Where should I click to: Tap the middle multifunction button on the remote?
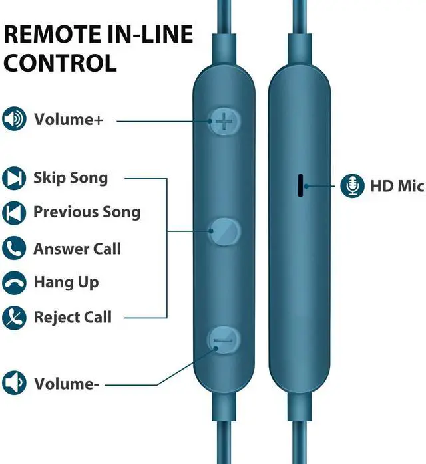point(224,231)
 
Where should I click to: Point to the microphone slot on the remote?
point(300,186)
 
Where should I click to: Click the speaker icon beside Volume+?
point(13,120)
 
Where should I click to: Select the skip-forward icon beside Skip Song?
point(13,178)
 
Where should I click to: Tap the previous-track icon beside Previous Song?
point(13,213)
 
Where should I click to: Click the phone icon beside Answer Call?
point(13,249)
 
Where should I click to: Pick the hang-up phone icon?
point(13,283)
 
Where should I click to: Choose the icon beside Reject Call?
point(13,317)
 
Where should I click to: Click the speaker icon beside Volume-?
point(13,383)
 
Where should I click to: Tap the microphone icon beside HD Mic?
point(351,186)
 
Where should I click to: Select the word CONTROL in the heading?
point(61,62)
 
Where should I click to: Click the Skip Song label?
point(71,178)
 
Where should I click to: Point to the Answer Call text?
point(77,249)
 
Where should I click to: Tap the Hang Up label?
point(66,283)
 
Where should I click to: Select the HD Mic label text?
point(397,186)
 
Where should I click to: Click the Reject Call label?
point(73,317)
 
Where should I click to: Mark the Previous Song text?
point(87,213)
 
